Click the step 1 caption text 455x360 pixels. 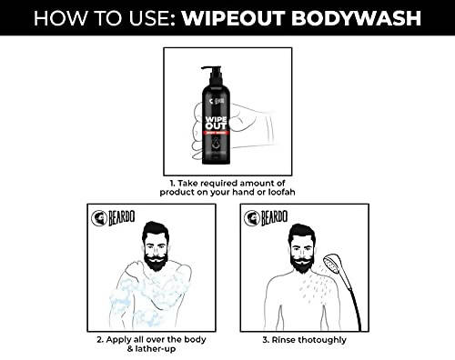(x=227, y=182)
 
